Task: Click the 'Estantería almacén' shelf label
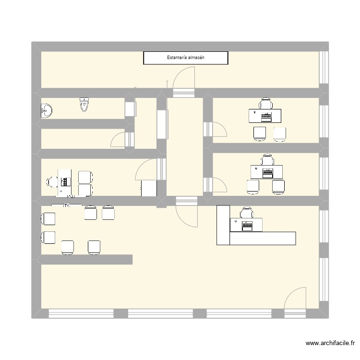(186, 58)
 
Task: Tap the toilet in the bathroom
(84, 105)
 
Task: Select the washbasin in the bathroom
(46, 111)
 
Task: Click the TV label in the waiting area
(67, 205)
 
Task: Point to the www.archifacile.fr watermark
(330, 344)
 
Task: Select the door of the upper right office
(219, 130)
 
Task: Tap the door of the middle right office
(219, 185)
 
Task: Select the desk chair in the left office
(52, 181)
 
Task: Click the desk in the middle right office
(266, 171)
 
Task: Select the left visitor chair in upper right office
(260, 134)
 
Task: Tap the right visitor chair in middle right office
(279, 187)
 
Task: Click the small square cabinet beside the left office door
(149, 188)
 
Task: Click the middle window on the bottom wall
(160, 313)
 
